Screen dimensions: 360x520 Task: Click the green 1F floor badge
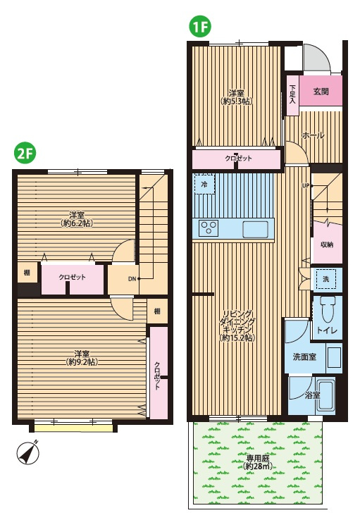tap(200, 27)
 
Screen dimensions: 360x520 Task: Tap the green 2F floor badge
tap(24, 153)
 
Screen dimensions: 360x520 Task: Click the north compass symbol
tap(28, 452)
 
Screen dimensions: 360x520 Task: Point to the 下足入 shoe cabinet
tap(292, 96)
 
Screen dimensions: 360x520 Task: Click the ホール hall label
tap(313, 135)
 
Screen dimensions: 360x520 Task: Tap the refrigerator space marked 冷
tap(204, 184)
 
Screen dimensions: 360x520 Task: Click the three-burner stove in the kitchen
tap(209, 228)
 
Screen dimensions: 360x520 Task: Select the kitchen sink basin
tap(255, 229)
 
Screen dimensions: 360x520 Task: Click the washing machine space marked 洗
tap(326, 279)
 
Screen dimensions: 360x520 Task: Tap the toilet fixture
tap(327, 309)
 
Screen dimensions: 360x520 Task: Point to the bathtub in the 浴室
tap(326, 396)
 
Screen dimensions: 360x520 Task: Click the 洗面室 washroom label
tap(304, 357)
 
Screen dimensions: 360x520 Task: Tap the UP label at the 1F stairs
tap(306, 186)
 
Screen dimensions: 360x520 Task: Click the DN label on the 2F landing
tap(132, 279)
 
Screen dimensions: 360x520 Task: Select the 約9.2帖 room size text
tap(82, 361)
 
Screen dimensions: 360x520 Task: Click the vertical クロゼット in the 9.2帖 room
tap(159, 373)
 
